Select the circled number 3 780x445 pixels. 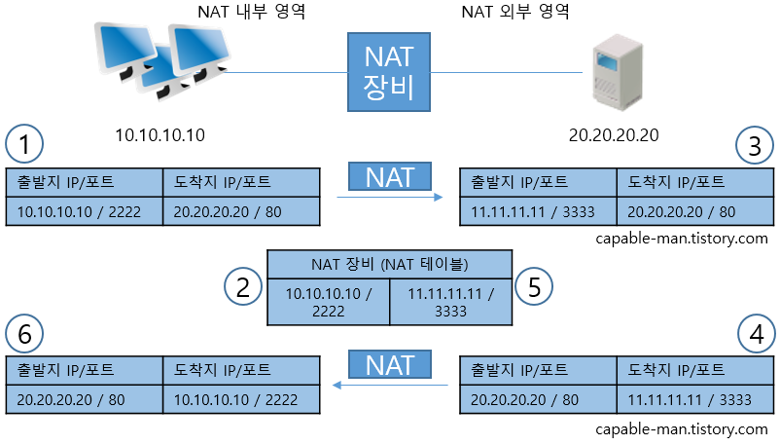tap(754, 146)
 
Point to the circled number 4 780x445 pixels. tap(754, 335)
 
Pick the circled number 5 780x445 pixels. tap(534, 286)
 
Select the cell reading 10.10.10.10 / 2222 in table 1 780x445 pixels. tap(85, 211)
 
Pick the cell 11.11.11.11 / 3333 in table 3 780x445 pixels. tap(538, 211)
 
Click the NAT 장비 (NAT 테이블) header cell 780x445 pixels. tap(389, 263)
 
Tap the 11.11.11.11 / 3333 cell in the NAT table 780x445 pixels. tap(450, 302)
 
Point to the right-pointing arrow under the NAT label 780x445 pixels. tap(389, 198)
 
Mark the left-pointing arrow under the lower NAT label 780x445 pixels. tap(389, 386)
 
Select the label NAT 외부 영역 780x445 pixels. tap(514, 14)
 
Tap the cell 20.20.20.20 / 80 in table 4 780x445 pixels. tap(538, 399)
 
